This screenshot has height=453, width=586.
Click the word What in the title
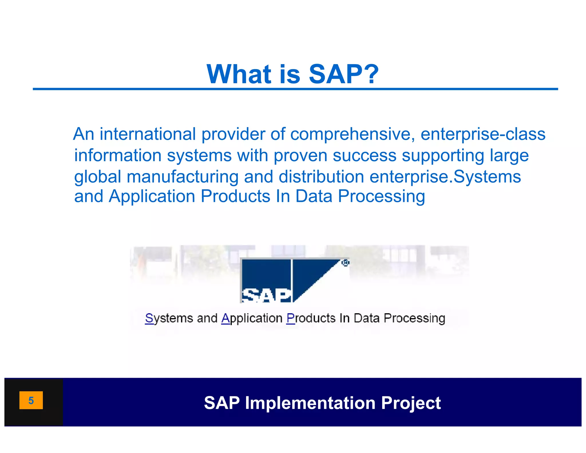tap(239, 74)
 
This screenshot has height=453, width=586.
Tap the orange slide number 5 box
tap(31, 400)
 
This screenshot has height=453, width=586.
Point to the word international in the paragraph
tap(147, 134)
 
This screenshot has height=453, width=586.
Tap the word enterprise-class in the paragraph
tap(483, 134)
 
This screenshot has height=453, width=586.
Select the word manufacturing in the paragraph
tap(183, 177)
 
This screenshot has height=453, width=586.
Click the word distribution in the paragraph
tap(321, 177)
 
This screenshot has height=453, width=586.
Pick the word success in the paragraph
tap(364, 155)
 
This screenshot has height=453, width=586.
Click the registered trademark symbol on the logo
tap(345, 263)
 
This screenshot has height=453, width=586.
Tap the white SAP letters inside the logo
tap(266, 296)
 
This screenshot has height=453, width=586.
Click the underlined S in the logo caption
tap(149, 318)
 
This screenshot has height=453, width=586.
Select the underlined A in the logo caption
tap(225, 318)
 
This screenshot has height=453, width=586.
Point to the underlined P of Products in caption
tap(290, 318)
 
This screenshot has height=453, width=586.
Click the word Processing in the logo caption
tap(414, 318)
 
